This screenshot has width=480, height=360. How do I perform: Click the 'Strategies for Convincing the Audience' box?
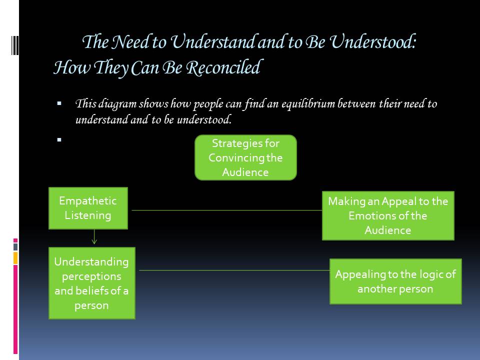coord(245,157)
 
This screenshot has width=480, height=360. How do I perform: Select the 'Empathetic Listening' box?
coord(88,208)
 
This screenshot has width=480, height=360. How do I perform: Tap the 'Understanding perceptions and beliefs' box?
coord(91,283)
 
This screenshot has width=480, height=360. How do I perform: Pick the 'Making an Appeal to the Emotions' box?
coord(388,215)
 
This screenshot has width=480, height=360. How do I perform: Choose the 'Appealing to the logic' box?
coord(395,281)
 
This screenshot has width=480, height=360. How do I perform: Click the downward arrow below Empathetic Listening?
coord(94,237)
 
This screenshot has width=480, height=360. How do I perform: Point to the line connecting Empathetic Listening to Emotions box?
coord(225,210)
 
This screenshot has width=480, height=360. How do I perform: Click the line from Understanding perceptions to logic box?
coord(232,270)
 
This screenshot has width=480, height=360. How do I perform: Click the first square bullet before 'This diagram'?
coord(59,104)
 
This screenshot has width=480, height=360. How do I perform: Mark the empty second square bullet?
coord(59,140)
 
